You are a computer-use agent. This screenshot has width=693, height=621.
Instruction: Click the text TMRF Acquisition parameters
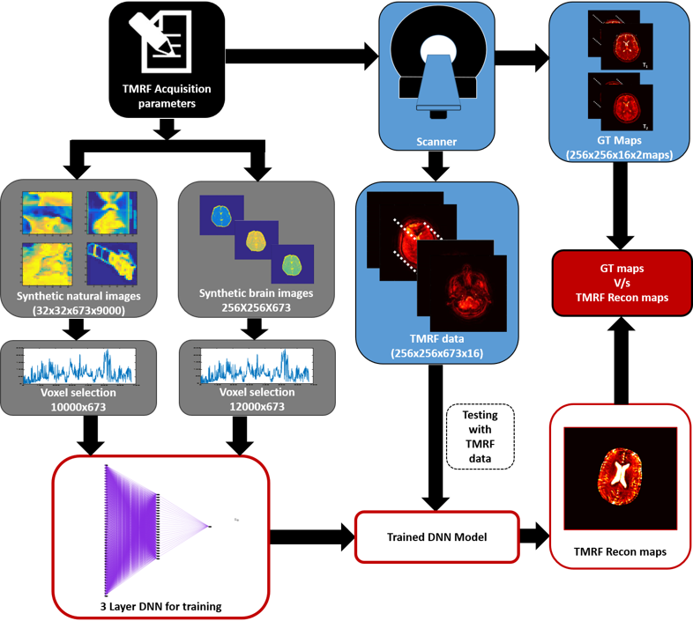(167, 96)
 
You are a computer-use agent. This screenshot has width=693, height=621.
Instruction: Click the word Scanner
(436, 141)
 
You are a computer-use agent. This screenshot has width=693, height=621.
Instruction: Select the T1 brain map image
(625, 46)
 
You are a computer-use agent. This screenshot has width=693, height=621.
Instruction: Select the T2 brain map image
(625, 102)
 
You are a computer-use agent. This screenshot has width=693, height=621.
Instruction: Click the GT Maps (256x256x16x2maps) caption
(619, 148)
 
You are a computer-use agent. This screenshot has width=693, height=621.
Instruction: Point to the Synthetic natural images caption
(78, 302)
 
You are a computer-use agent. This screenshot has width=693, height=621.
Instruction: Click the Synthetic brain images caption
(256, 299)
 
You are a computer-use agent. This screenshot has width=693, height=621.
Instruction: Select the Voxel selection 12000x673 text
(256, 399)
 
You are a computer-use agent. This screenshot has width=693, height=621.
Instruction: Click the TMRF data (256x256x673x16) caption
(436, 346)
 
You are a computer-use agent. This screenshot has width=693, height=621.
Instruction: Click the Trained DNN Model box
(436, 536)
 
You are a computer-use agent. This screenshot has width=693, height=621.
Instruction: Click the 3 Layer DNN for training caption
(160, 606)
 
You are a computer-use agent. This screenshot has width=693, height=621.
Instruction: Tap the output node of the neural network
(210, 527)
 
